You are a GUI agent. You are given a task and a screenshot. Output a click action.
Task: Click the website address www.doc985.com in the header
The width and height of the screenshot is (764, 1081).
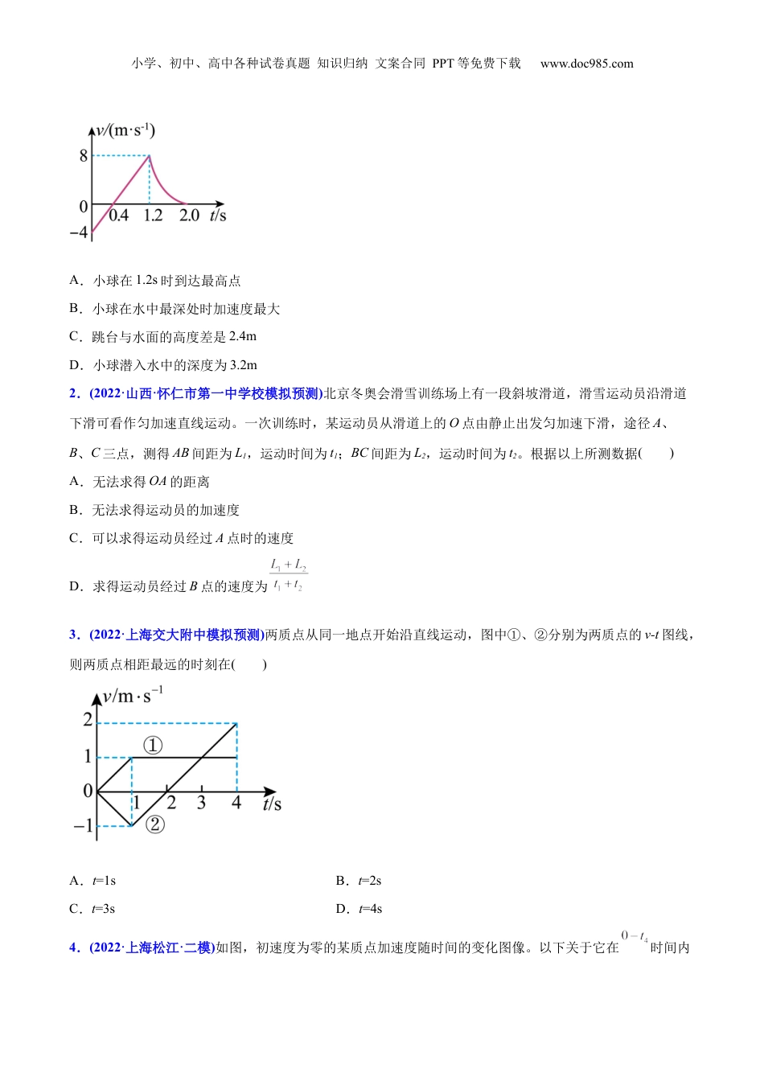point(586,64)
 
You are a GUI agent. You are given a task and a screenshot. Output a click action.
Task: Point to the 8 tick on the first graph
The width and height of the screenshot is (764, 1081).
point(84,156)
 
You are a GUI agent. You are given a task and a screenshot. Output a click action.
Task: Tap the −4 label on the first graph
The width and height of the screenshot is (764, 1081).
point(79,232)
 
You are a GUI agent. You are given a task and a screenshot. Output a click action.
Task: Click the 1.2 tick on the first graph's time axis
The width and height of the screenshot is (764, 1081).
point(153,216)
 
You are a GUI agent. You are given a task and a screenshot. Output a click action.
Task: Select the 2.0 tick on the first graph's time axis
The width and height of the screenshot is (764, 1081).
point(189,216)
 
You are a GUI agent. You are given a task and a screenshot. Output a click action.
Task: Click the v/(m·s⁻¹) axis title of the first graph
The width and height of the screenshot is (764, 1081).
point(125,130)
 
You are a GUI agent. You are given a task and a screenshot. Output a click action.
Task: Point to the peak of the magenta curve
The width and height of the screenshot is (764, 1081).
point(150,156)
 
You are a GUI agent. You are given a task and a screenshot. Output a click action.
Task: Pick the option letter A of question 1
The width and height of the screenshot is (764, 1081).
point(76,281)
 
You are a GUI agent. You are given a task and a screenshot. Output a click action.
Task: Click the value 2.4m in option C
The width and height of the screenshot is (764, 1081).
point(242,337)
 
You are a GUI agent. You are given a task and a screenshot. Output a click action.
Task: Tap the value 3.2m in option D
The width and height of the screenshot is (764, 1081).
point(243,365)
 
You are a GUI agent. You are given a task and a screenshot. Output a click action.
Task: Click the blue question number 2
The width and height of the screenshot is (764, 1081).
point(74,394)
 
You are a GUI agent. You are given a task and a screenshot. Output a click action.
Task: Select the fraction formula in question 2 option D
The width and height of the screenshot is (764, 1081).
point(288,575)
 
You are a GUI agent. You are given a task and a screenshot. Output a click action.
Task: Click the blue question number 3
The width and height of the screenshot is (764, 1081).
point(74,635)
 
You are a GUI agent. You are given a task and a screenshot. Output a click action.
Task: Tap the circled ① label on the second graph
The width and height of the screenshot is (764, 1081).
point(153,746)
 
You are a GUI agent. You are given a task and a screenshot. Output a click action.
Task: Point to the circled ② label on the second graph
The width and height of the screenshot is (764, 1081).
point(155,824)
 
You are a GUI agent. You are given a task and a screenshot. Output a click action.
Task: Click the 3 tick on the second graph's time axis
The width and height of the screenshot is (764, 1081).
point(201,803)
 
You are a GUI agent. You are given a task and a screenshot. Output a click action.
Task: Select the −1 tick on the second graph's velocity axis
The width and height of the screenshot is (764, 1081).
point(83,826)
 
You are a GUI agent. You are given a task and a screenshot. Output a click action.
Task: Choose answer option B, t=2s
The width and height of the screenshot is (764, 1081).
point(359,881)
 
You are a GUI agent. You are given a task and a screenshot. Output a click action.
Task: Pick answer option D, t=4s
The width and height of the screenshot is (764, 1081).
point(359,909)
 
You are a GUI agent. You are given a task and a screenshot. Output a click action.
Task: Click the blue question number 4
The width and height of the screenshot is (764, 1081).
point(74,948)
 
